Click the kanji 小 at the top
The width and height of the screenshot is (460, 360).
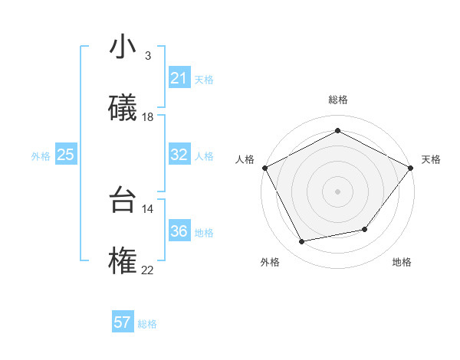123,47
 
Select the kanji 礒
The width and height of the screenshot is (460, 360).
123,108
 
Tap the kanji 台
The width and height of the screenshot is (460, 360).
123,199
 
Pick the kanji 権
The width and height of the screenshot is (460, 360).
123,260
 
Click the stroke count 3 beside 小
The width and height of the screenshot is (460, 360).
148,56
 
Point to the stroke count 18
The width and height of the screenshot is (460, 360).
148,117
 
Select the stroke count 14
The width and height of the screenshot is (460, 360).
148,208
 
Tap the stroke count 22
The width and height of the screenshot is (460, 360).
148,270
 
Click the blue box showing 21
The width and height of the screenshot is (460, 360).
179,78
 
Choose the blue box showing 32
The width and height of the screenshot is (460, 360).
179,155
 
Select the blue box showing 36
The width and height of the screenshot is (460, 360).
179,231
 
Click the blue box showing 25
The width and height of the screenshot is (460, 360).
65,155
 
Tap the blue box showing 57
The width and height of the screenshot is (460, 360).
122,322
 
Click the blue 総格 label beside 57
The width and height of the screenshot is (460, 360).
148,324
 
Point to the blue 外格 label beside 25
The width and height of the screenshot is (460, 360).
41,156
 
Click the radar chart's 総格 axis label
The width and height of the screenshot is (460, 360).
337,100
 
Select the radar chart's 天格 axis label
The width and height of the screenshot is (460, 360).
431,159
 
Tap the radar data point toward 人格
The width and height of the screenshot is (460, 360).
264,167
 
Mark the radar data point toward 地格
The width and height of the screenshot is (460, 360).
365,229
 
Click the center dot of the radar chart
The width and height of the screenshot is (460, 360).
337,191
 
